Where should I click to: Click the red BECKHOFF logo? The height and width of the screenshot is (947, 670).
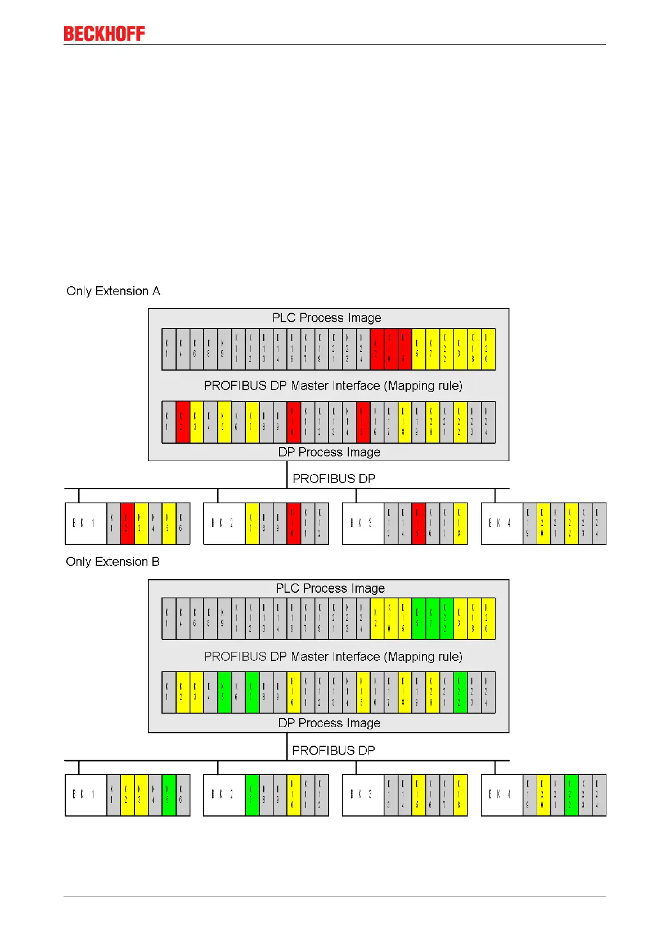[104, 34]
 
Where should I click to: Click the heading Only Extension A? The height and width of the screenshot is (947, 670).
[113, 291]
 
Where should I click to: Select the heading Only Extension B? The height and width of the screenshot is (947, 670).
[113, 562]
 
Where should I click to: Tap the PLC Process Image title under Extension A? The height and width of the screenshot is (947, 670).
[326, 318]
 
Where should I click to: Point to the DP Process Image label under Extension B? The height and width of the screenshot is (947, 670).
[329, 723]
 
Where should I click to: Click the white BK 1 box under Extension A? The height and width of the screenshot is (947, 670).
[86, 524]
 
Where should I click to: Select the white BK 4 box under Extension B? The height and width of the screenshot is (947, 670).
[502, 795]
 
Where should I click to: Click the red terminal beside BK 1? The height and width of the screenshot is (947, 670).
[127, 524]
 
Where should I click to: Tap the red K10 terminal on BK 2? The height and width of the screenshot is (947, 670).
[294, 524]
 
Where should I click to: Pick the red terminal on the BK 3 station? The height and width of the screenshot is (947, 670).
[418, 524]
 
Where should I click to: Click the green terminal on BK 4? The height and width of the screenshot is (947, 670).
[571, 795]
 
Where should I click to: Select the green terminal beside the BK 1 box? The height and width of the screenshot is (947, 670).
[169, 795]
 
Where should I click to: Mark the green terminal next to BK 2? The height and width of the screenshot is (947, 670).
[252, 795]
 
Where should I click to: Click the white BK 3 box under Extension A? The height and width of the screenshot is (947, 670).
[363, 524]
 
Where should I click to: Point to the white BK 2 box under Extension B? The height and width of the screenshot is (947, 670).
[224, 795]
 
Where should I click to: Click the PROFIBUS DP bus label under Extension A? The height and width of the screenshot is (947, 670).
[334, 479]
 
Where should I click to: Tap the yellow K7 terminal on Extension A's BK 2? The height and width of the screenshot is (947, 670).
[252, 524]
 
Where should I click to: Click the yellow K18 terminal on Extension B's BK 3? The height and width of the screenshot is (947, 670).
[460, 795]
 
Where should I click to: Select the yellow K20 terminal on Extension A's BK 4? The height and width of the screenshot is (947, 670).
[543, 524]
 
